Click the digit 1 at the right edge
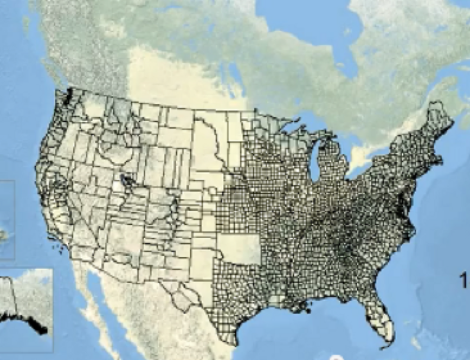(463, 281)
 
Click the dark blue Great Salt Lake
(125, 179)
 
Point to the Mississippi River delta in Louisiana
(308, 309)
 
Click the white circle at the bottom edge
(335, 358)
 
